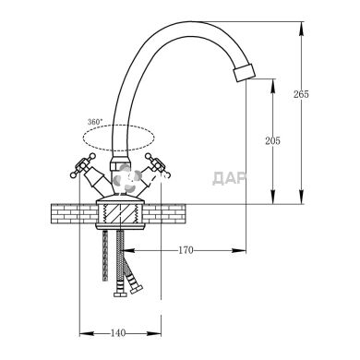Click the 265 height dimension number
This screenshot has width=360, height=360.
click(301, 94)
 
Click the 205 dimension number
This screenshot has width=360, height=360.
click(272, 141)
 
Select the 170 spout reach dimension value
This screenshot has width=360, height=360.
click(186, 250)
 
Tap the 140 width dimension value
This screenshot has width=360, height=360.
click(118, 333)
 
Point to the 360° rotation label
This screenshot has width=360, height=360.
click(95, 122)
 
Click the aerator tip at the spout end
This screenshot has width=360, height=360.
click(245, 72)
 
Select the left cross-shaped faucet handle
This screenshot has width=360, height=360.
click(83, 165)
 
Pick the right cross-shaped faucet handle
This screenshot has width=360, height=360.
click(157, 165)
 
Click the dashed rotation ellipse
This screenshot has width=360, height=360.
click(118, 126)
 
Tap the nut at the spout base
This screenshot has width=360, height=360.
click(118, 163)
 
